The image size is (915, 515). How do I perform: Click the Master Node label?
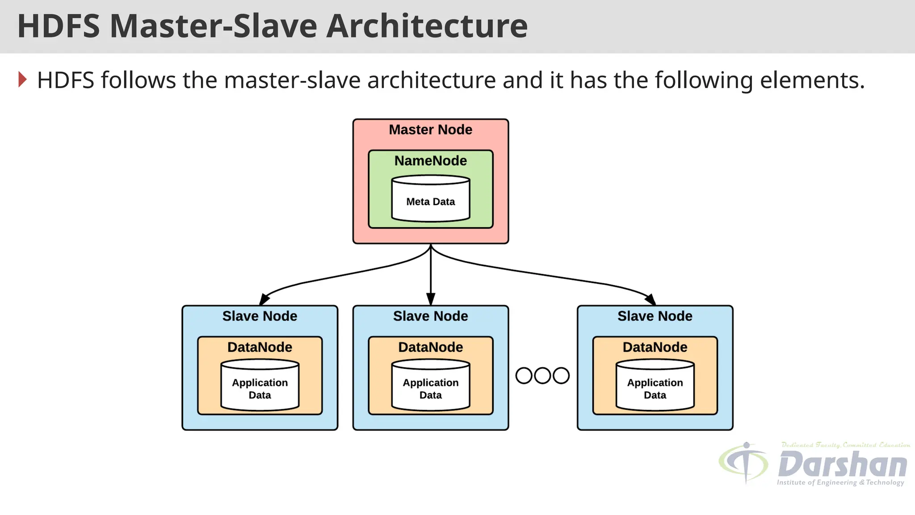pyautogui.click(x=430, y=130)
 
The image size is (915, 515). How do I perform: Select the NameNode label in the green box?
pyautogui.click(x=430, y=161)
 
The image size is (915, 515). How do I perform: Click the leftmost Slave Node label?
pyautogui.click(x=260, y=316)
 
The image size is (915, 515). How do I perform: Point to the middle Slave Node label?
pyautogui.click(x=430, y=316)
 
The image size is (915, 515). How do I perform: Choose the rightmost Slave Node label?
pyautogui.click(x=655, y=316)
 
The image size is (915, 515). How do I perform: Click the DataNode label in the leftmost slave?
pyautogui.click(x=260, y=347)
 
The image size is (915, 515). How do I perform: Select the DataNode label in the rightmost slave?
pyautogui.click(x=655, y=347)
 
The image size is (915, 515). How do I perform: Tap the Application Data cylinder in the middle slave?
pyautogui.click(x=430, y=387)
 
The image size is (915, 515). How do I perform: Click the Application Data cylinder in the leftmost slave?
pyautogui.click(x=260, y=387)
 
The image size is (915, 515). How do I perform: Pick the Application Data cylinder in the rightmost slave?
pyautogui.click(x=655, y=387)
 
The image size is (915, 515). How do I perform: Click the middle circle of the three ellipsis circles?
pyautogui.click(x=542, y=376)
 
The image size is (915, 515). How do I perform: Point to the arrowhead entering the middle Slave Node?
pyautogui.click(x=430, y=299)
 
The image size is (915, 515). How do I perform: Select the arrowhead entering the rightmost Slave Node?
pyautogui.click(x=650, y=299)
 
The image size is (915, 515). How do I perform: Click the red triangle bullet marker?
pyautogui.click(x=22, y=80)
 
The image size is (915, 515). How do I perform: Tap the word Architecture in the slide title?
pyautogui.click(x=427, y=26)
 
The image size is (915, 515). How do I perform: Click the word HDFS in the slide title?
pyautogui.click(x=58, y=26)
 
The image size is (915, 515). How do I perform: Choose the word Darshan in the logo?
pyautogui.click(x=842, y=465)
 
